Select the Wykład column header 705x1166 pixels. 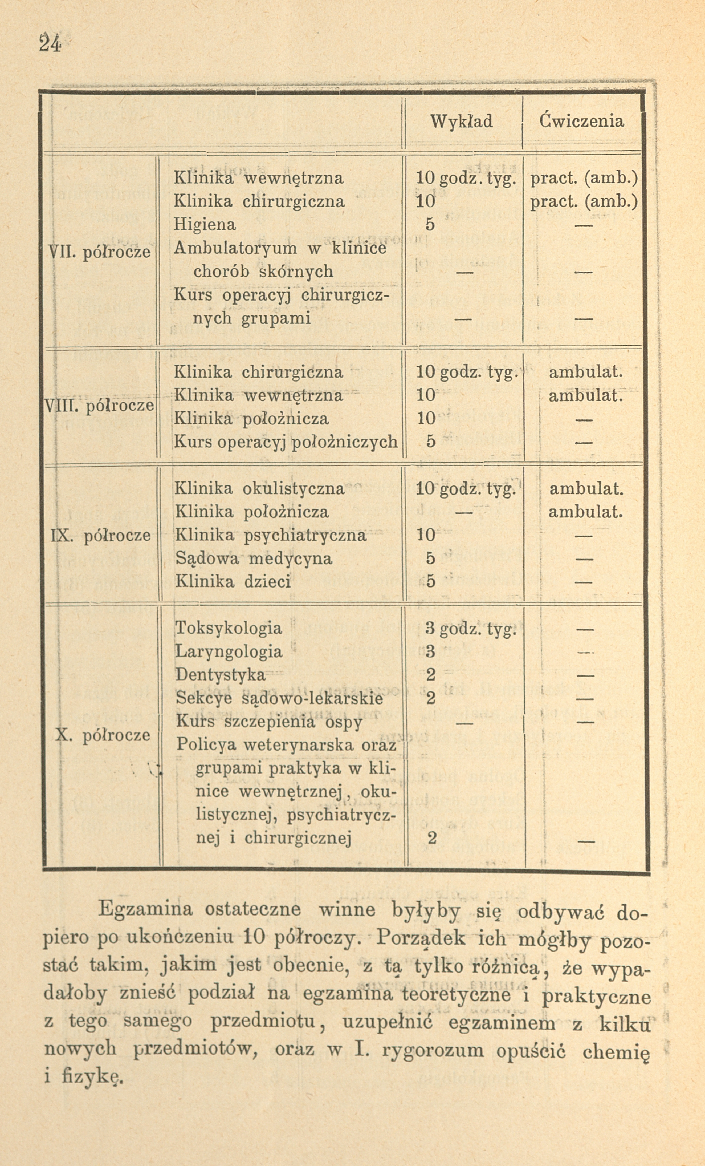pyautogui.click(x=461, y=122)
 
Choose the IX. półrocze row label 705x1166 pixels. pyautogui.click(x=100, y=535)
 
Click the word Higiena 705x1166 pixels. pyautogui.click(x=205, y=224)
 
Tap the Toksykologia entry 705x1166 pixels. pyautogui.click(x=229, y=628)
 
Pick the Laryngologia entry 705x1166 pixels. pyautogui.click(x=229, y=652)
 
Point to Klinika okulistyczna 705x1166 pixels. pyautogui.click(x=259, y=488)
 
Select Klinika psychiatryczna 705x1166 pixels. pyautogui.click(x=271, y=535)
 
